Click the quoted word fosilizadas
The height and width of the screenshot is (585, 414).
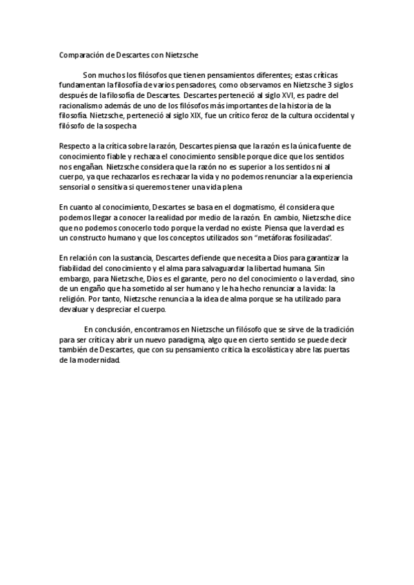coord(304,238)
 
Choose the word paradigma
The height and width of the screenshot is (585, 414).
coord(179,340)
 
